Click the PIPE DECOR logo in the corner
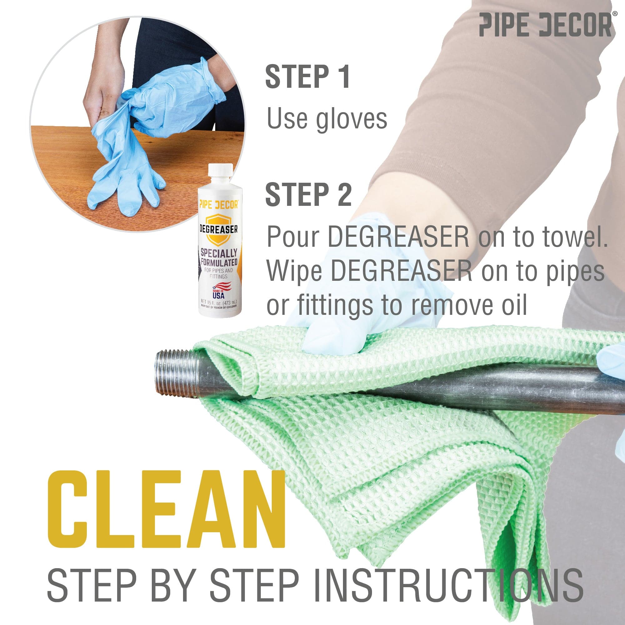(x=545, y=25)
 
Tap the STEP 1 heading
(x=307, y=77)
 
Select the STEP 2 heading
(x=308, y=194)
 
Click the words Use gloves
(x=327, y=119)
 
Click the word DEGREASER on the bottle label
(x=218, y=229)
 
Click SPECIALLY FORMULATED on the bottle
(x=219, y=257)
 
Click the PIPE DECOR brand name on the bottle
(x=219, y=205)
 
